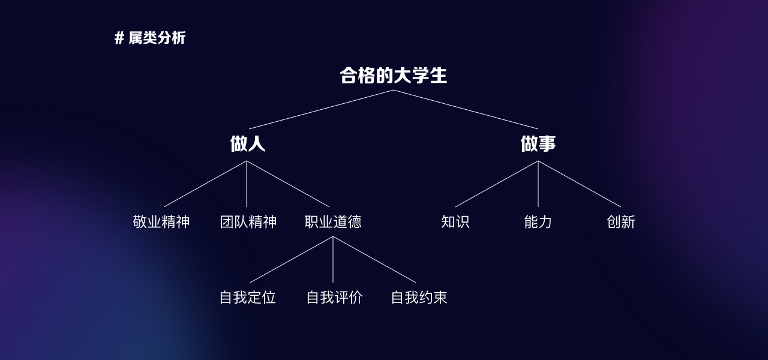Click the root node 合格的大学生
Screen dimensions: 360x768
click(394, 76)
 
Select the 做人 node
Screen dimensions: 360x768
click(247, 144)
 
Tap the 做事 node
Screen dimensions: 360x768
click(538, 144)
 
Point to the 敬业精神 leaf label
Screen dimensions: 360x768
click(161, 222)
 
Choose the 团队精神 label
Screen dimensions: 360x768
click(248, 222)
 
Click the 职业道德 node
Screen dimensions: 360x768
click(333, 222)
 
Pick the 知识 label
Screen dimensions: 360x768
click(455, 222)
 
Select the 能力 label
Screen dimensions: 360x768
click(538, 222)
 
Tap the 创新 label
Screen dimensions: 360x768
click(621, 222)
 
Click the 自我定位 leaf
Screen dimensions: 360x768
click(248, 298)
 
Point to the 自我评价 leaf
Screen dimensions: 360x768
click(334, 298)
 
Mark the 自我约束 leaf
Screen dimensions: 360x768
click(419, 298)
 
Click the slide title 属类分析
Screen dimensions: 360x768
click(157, 38)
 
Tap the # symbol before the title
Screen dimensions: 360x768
click(119, 38)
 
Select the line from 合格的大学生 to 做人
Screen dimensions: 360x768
click(321, 109)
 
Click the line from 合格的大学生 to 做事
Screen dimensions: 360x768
click(466, 109)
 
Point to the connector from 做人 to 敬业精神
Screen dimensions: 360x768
click(205, 184)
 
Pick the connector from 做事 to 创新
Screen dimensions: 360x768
click(580, 184)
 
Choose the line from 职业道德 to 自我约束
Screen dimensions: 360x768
click(374, 259)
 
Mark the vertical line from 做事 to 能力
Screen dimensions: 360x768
click(538, 184)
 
